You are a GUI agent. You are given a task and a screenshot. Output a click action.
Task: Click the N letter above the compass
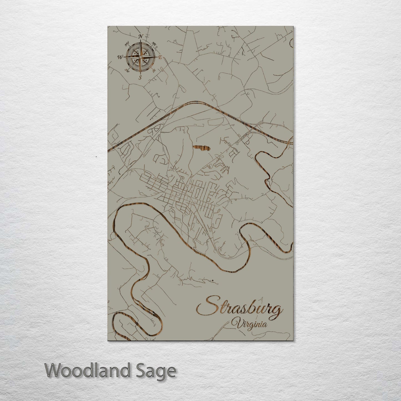141,37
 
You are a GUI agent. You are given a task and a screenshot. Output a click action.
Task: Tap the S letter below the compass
140,77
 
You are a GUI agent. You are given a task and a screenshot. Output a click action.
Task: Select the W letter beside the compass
120,57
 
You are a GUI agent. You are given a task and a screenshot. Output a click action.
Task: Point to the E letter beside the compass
160,57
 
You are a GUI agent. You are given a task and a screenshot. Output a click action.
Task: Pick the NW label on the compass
127,44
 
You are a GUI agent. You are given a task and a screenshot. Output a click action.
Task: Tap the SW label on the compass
127,70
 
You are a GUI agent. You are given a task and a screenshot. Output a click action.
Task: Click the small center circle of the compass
140,57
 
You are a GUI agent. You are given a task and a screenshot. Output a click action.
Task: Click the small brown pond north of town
201,148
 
